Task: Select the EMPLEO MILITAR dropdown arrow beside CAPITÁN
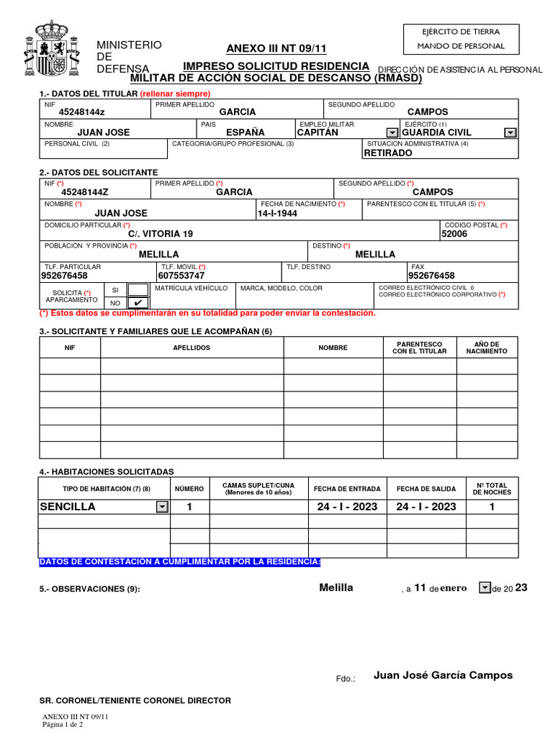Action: (392, 132)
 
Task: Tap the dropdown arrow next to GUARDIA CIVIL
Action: (510, 132)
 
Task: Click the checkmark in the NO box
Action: (138, 302)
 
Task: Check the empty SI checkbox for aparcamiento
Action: (138, 289)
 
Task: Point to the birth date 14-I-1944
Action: (277, 214)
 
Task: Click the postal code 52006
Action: (454, 234)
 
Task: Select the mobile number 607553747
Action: (181, 276)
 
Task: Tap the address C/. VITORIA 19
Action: (161, 234)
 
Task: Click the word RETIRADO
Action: (388, 153)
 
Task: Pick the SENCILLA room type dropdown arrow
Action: (162, 507)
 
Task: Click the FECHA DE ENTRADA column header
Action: (348, 489)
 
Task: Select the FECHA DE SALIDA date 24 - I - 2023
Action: (426, 507)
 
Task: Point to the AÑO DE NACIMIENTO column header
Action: (487, 348)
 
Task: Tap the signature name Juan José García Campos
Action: (444, 675)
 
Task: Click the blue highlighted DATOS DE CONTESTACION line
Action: (180, 561)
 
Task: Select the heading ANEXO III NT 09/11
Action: (276, 49)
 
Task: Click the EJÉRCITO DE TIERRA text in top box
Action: (461, 31)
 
